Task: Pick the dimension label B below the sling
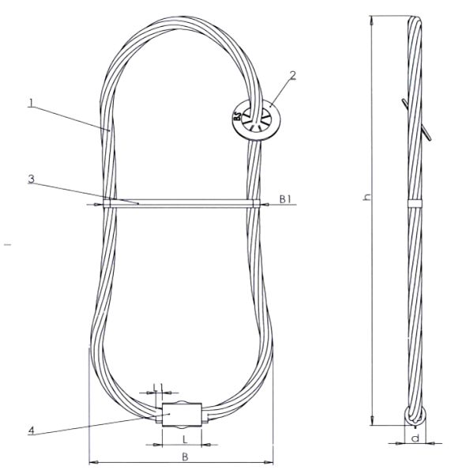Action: pyautogui.click(x=184, y=456)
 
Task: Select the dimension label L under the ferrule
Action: pyautogui.click(x=184, y=437)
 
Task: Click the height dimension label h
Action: pyautogui.click(x=365, y=197)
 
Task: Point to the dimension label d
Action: pyautogui.click(x=414, y=436)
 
